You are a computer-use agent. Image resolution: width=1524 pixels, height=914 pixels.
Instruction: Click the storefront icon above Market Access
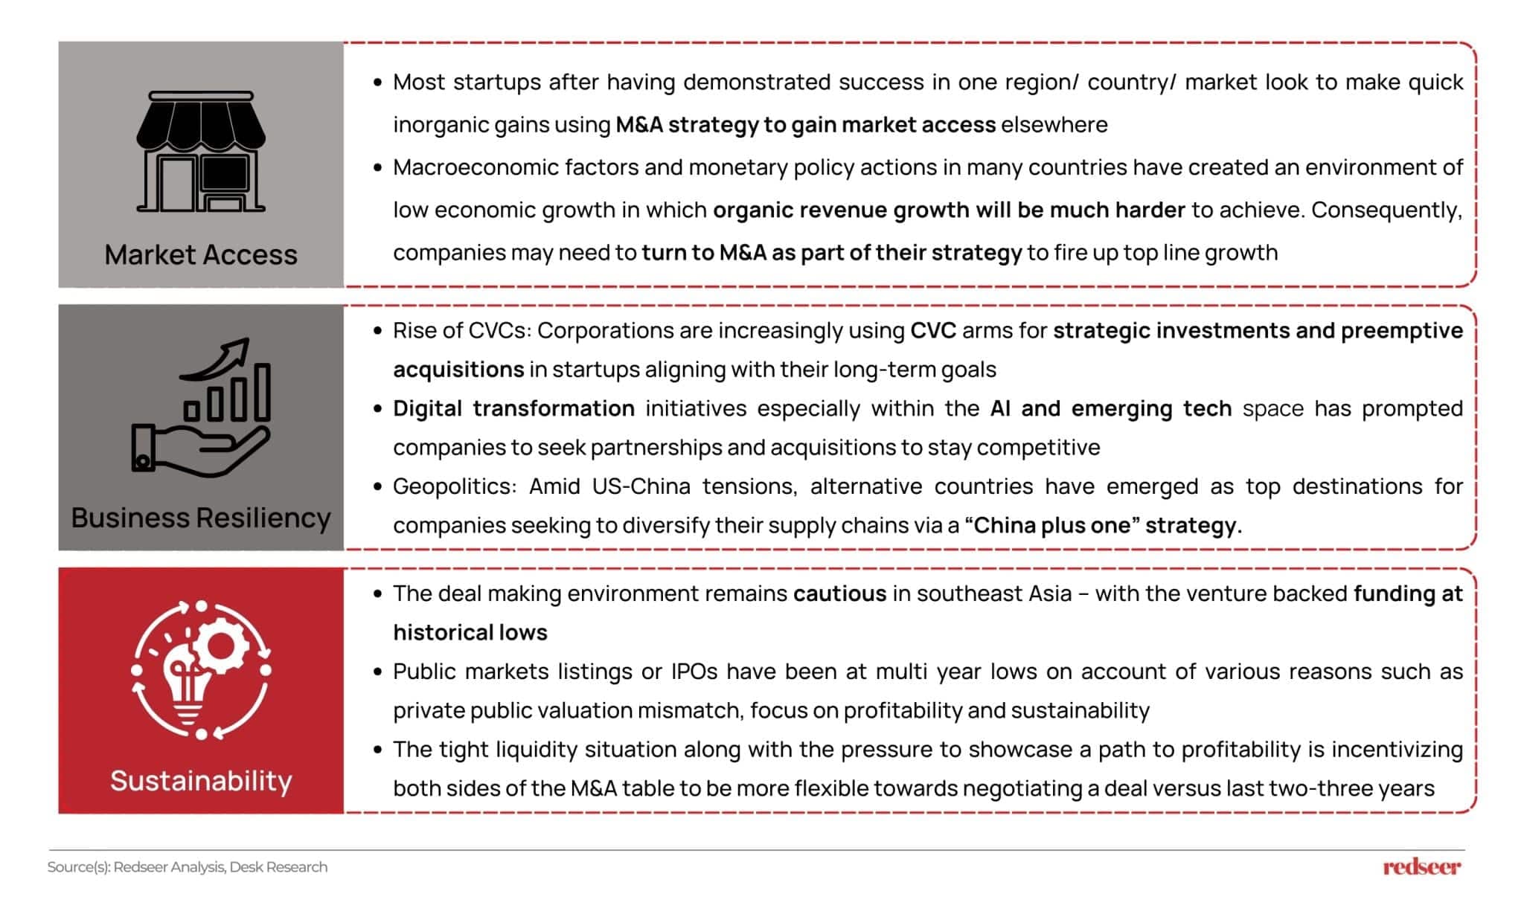tap(201, 152)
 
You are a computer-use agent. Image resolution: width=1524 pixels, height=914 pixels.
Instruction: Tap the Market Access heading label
tap(201, 255)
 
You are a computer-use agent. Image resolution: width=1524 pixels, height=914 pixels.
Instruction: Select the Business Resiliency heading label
tap(201, 518)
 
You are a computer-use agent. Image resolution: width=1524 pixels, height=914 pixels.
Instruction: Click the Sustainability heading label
tap(201, 781)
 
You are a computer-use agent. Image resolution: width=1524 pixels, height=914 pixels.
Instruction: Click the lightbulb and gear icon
tap(201, 670)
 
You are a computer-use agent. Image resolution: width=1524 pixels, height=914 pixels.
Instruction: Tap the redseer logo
tap(1421, 866)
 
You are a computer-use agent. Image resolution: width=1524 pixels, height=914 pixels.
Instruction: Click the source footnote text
tap(188, 867)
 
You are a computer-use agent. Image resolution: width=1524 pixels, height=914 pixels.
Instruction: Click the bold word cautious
tap(839, 593)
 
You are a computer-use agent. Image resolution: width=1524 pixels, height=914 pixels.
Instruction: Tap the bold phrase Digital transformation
tap(513, 408)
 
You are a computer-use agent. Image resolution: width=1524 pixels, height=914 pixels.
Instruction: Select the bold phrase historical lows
tap(470, 633)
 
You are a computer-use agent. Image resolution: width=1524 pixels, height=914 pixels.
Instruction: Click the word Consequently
tap(1386, 210)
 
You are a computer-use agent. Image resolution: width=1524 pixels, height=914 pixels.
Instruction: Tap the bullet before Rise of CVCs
tap(378, 331)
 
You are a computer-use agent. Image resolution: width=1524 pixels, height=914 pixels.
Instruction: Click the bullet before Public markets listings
tap(378, 672)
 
